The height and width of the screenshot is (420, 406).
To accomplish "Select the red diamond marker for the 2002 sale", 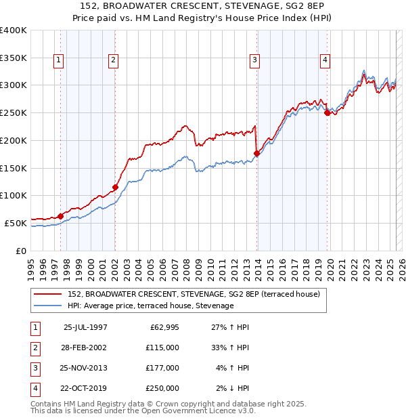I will [x=115, y=187].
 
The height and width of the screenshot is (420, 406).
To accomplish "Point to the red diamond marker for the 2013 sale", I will [x=256, y=153].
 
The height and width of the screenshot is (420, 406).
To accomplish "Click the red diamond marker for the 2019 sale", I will [x=327, y=113].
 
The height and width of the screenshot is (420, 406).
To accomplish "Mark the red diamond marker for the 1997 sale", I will [x=60, y=216].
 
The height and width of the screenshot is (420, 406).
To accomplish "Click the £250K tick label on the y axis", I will [x=14, y=113].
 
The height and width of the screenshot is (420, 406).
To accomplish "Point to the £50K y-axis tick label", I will [x=16, y=223].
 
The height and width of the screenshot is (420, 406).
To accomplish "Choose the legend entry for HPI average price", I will [x=150, y=306].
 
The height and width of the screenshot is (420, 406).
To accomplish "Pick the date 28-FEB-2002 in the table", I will [x=85, y=348].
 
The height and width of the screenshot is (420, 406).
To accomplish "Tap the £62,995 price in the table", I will [x=163, y=327].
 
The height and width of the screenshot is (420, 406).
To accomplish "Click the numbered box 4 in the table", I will [x=35, y=388].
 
